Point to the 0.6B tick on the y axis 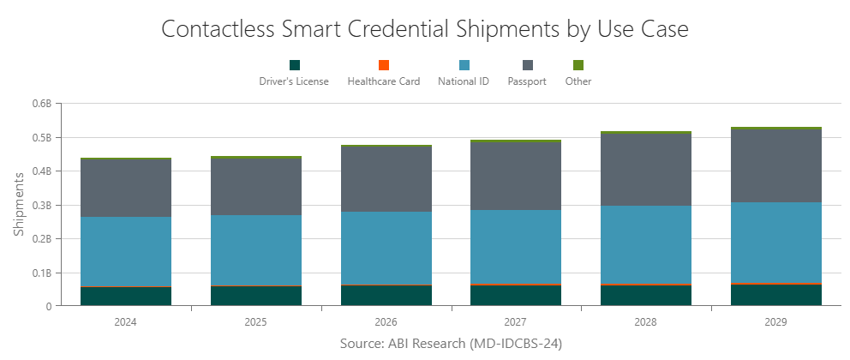pos(42,104)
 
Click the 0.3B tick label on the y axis pos(42,205)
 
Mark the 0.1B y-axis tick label pos(42,273)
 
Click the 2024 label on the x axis pos(125,322)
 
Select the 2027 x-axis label pos(516,322)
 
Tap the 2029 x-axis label pos(776,322)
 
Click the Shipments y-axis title pos(19,205)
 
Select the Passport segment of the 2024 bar pos(125,188)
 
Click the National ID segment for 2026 pos(386,248)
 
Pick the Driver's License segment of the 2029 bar pos(776,295)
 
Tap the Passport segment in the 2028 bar pos(646,169)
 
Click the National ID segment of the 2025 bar pos(255,250)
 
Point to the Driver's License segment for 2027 pos(516,296)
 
